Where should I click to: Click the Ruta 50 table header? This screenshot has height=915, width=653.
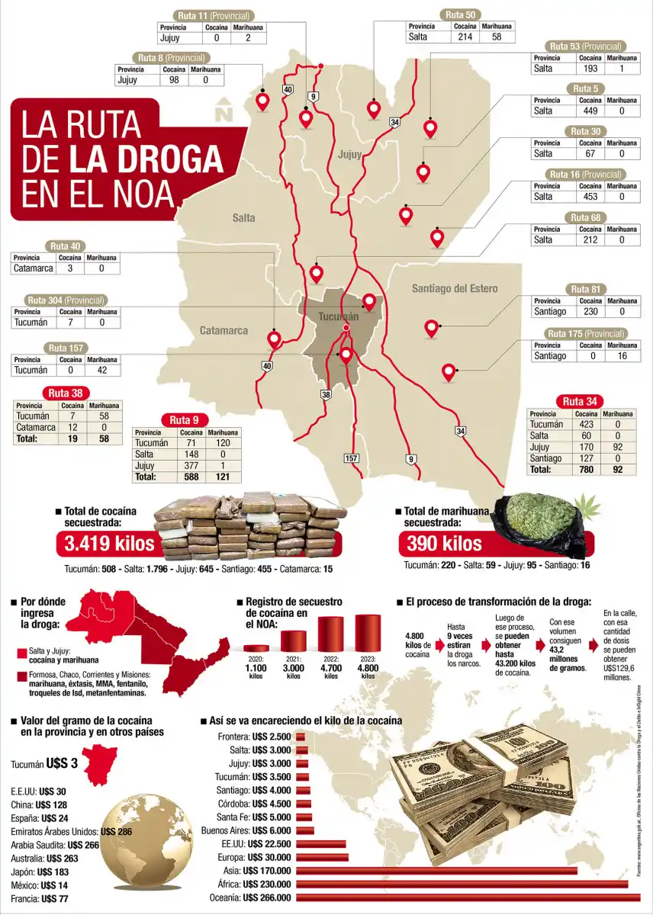[x=460, y=14]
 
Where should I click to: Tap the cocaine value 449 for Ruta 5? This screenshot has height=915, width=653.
[x=590, y=111]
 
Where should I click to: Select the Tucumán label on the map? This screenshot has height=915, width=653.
[x=338, y=316]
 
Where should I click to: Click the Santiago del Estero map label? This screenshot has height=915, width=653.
[x=455, y=288]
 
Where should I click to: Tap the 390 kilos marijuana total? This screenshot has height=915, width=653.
[x=444, y=544]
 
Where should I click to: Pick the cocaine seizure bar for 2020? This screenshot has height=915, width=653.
[x=256, y=648]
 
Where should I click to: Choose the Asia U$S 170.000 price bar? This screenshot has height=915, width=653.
[x=436, y=870]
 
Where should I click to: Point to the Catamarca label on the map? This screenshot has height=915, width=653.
[x=224, y=330]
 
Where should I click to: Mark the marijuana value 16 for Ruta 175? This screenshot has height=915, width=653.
[x=622, y=356]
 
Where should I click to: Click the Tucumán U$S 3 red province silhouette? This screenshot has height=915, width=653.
[x=98, y=763]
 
